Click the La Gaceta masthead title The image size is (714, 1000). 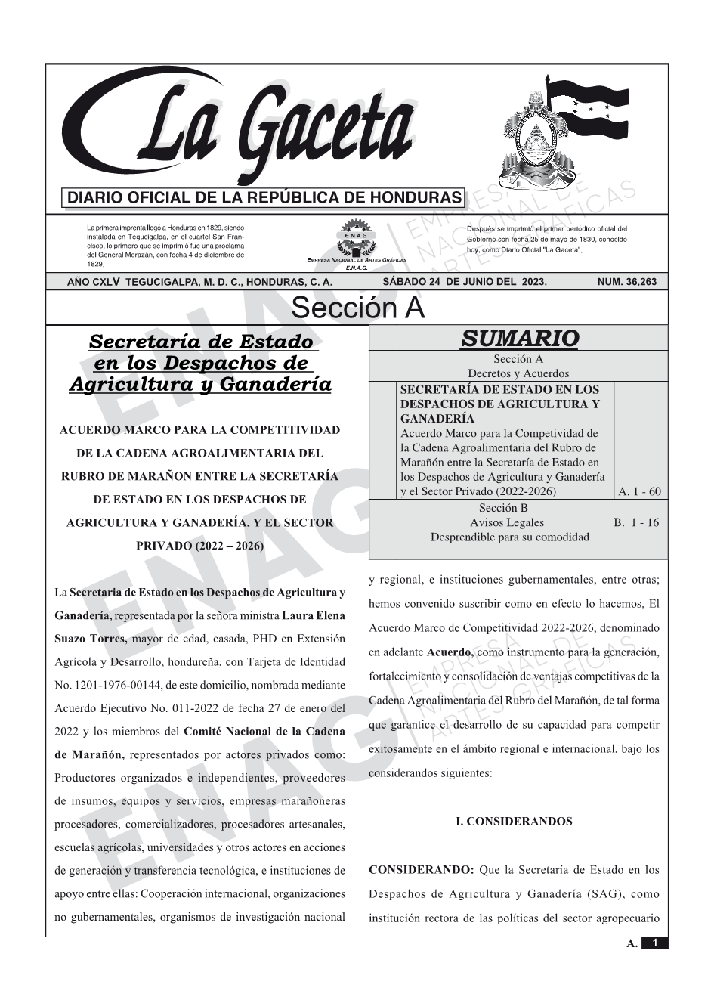pyautogui.click(x=257, y=128)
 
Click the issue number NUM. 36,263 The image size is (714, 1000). pyautogui.click(x=626, y=282)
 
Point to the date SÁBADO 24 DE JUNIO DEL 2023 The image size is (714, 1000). pyautogui.click(x=464, y=282)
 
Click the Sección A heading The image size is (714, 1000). pyautogui.click(x=357, y=308)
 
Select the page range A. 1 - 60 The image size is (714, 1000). pyautogui.click(x=639, y=491)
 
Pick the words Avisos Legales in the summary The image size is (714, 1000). pyautogui.click(x=506, y=522)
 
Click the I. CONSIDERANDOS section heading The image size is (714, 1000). pyautogui.click(x=514, y=822)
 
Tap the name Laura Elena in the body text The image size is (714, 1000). pyautogui.click(x=313, y=615)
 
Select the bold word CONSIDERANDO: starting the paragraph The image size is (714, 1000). pyautogui.click(x=421, y=870)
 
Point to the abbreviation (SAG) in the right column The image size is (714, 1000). pyautogui.click(x=604, y=894)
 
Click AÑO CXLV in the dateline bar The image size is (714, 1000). pyautogui.click(x=94, y=282)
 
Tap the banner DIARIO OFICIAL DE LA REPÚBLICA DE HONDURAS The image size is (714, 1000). pyautogui.click(x=264, y=198)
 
